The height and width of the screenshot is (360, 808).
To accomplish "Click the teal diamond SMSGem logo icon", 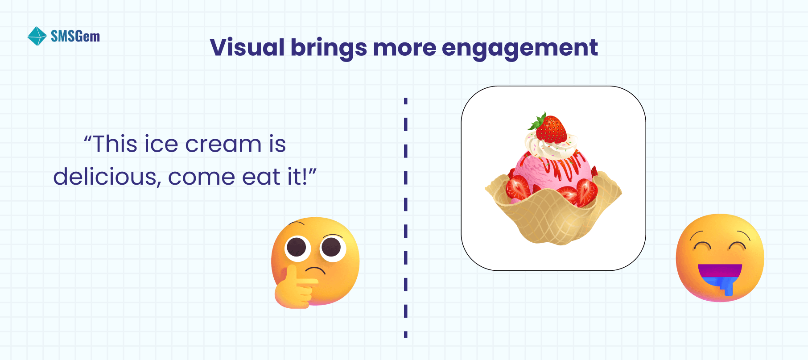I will [37, 36].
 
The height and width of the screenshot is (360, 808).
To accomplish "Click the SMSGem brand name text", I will [75, 36].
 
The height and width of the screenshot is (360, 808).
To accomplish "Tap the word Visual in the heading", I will [247, 47].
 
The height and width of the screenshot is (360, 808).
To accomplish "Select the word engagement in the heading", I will [519, 48].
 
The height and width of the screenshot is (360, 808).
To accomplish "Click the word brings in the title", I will [329, 48].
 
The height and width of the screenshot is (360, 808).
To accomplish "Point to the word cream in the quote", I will [223, 144].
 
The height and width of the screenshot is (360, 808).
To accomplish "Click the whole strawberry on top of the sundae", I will [551, 129].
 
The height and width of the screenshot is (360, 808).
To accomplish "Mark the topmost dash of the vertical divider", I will [406, 101].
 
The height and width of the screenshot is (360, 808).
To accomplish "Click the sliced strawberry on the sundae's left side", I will [518, 188].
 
